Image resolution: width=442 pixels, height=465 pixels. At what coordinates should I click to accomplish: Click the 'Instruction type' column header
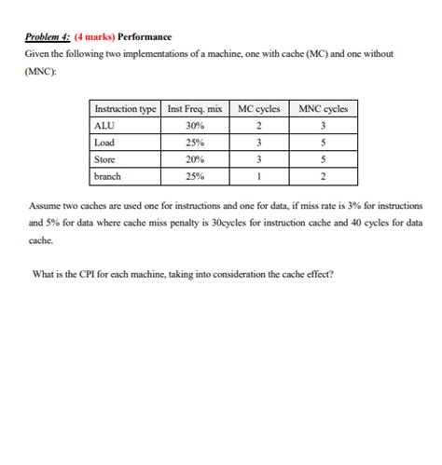pyautogui.click(x=126, y=109)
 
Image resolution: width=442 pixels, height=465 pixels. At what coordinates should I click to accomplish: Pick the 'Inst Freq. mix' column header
pyautogui.click(x=195, y=109)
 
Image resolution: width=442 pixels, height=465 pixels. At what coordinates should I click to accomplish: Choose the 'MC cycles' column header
pyautogui.click(x=258, y=109)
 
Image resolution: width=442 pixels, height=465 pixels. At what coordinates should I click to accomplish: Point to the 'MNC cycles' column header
pyautogui.click(x=323, y=109)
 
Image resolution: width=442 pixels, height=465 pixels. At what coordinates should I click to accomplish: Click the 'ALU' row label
pyautogui.click(x=104, y=126)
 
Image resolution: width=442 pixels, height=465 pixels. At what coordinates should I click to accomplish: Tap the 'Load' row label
pyautogui.click(x=104, y=143)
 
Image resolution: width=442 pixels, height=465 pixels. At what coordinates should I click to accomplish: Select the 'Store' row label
pyautogui.click(x=105, y=159)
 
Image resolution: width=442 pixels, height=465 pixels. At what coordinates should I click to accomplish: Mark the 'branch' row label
pyautogui.click(x=108, y=176)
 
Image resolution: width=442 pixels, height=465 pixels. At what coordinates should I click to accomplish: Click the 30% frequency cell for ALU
pyautogui.click(x=195, y=126)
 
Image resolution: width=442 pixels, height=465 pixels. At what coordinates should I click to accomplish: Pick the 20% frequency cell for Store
pyautogui.click(x=195, y=159)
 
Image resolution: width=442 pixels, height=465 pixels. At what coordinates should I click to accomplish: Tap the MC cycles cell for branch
pyautogui.click(x=258, y=176)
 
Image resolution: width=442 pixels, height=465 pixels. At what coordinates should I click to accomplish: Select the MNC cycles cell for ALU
pyautogui.click(x=323, y=126)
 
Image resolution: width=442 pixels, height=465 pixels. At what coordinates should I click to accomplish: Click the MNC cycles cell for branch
pyautogui.click(x=323, y=176)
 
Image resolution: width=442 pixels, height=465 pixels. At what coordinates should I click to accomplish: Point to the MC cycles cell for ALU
pyautogui.click(x=258, y=126)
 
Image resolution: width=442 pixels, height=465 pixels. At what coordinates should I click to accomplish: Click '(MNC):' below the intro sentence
pyautogui.click(x=42, y=72)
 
